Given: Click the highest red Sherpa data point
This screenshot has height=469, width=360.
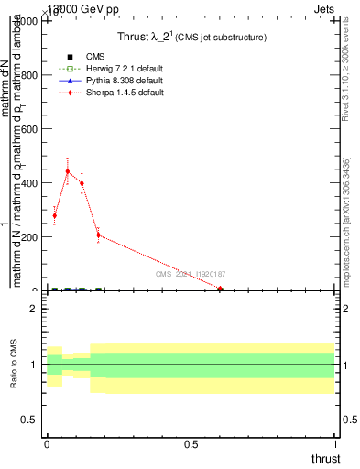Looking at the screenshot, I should tap(68, 171).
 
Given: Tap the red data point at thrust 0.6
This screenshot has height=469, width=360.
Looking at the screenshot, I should tap(220, 289).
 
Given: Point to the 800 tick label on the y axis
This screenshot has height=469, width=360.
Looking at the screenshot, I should tap(27, 75).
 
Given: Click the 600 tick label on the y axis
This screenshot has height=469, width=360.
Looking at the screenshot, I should tap(27, 129).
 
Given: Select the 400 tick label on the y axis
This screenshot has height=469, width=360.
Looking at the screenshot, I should tap(27, 183).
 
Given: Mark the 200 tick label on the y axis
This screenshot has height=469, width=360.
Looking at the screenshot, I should tap(27, 237).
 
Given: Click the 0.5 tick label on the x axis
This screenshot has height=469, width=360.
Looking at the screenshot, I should tap(191, 445).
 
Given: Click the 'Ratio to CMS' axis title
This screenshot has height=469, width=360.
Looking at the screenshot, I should tap(14, 364).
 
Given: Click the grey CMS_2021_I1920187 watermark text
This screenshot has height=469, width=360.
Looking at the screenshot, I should tap(190, 274).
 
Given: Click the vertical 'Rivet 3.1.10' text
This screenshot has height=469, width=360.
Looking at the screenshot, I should tap(345, 74).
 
